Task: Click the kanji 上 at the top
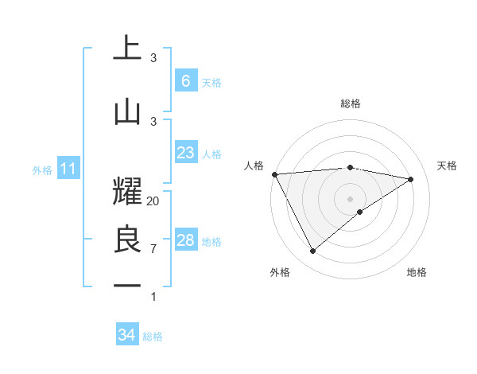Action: coord(126,49)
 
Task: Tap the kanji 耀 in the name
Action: coord(126,189)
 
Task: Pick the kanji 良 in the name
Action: coord(126,240)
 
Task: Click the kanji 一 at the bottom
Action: coord(126,285)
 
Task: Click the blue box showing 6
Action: coord(185,81)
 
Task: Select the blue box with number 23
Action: coord(185,153)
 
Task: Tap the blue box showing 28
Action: coord(185,240)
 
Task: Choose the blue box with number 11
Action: coord(68,169)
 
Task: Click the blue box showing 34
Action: coord(126,335)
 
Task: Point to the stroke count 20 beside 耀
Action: coord(153,201)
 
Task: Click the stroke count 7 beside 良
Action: coord(153,249)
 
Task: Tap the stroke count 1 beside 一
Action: coord(153,297)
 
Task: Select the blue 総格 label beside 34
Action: coord(153,337)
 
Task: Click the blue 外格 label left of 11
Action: coord(42,169)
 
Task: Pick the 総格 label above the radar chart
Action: coord(350,103)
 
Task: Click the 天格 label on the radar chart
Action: coord(447,166)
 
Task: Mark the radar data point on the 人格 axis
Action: coord(274,174)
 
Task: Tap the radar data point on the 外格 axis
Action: coord(312,251)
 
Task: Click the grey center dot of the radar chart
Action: coord(350,198)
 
